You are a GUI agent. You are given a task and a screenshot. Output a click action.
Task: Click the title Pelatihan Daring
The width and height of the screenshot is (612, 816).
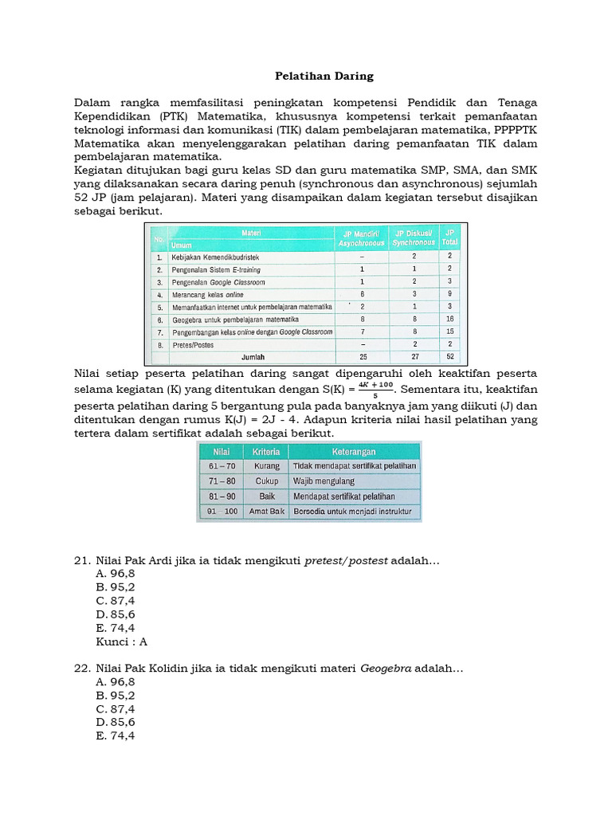tap(312, 76)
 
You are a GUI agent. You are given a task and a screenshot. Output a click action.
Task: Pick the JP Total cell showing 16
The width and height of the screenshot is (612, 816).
tap(449, 319)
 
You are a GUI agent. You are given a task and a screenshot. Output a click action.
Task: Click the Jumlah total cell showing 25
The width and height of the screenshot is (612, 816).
tap(363, 357)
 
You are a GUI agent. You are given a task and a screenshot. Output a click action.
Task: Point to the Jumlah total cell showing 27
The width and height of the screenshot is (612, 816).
tap(414, 357)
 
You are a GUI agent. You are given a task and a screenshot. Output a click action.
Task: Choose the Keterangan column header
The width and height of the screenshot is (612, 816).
tap(355, 450)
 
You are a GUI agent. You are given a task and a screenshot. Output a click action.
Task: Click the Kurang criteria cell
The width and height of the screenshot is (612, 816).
tap(266, 466)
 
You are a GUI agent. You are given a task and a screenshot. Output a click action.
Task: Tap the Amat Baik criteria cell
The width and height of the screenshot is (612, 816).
tap(266, 512)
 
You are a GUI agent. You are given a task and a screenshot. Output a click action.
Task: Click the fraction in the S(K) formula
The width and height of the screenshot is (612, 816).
tap(375, 388)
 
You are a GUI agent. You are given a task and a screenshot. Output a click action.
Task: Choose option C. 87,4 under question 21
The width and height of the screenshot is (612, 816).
tap(115, 599)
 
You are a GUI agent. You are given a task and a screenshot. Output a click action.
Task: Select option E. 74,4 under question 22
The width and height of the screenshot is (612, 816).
tap(115, 736)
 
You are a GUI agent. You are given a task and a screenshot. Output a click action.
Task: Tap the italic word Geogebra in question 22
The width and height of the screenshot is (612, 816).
tap(386, 668)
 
